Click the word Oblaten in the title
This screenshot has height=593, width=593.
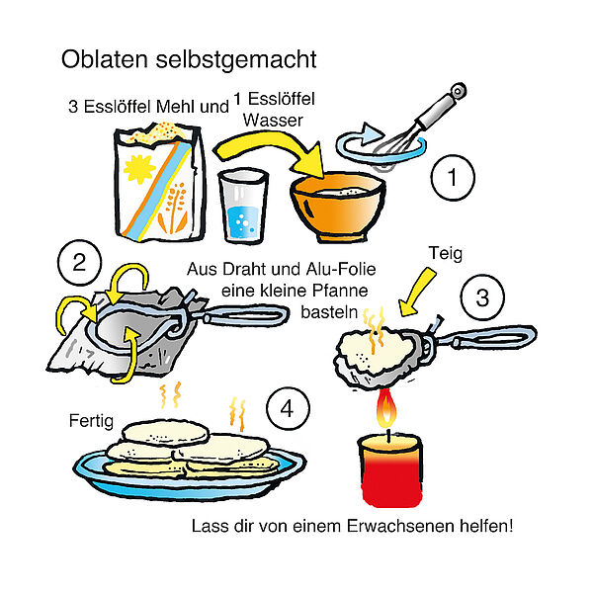tap(105, 59)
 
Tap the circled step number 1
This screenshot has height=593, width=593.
tap(453, 177)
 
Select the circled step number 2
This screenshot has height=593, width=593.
tap(79, 263)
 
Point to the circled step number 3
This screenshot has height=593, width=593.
tap(482, 297)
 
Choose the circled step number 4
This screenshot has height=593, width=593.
tap(288, 409)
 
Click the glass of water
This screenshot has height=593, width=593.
tap(243, 207)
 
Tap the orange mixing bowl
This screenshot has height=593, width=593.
tap(338, 208)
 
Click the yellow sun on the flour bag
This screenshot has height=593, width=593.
tap(139, 168)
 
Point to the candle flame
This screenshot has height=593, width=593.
tap(386, 408)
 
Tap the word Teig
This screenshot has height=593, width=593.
tap(446, 254)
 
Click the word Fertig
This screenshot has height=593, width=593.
tap(91, 421)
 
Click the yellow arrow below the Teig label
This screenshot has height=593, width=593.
tap(417, 292)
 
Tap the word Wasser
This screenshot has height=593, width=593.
tap(273, 121)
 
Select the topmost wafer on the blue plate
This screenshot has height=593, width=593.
tap(166, 432)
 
